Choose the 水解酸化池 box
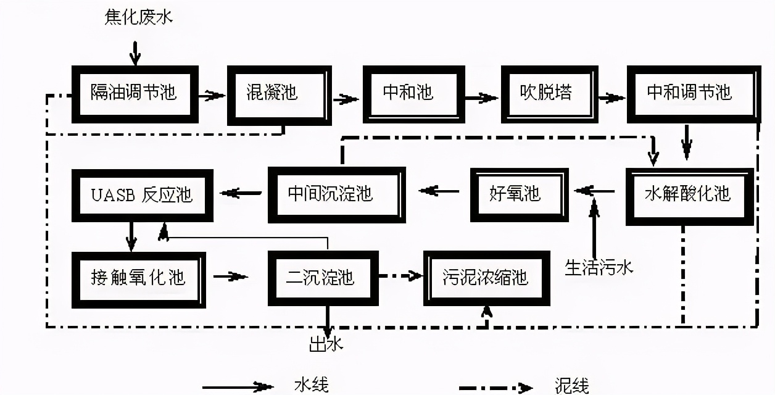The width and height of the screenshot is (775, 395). (x=689, y=196)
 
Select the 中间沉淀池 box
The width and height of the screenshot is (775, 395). (x=336, y=194)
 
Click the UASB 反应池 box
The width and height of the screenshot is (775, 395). (x=142, y=196)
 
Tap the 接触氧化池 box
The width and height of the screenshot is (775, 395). (x=139, y=278)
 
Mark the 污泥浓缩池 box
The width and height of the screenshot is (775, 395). (x=486, y=278)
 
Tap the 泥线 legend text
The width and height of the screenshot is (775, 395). (x=571, y=386)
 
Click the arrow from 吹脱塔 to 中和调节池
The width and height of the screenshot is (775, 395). (x=611, y=98)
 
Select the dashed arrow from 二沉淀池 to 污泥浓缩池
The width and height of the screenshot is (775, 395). (x=401, y=276)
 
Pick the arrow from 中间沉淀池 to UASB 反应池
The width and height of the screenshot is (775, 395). (x=241, y=193)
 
